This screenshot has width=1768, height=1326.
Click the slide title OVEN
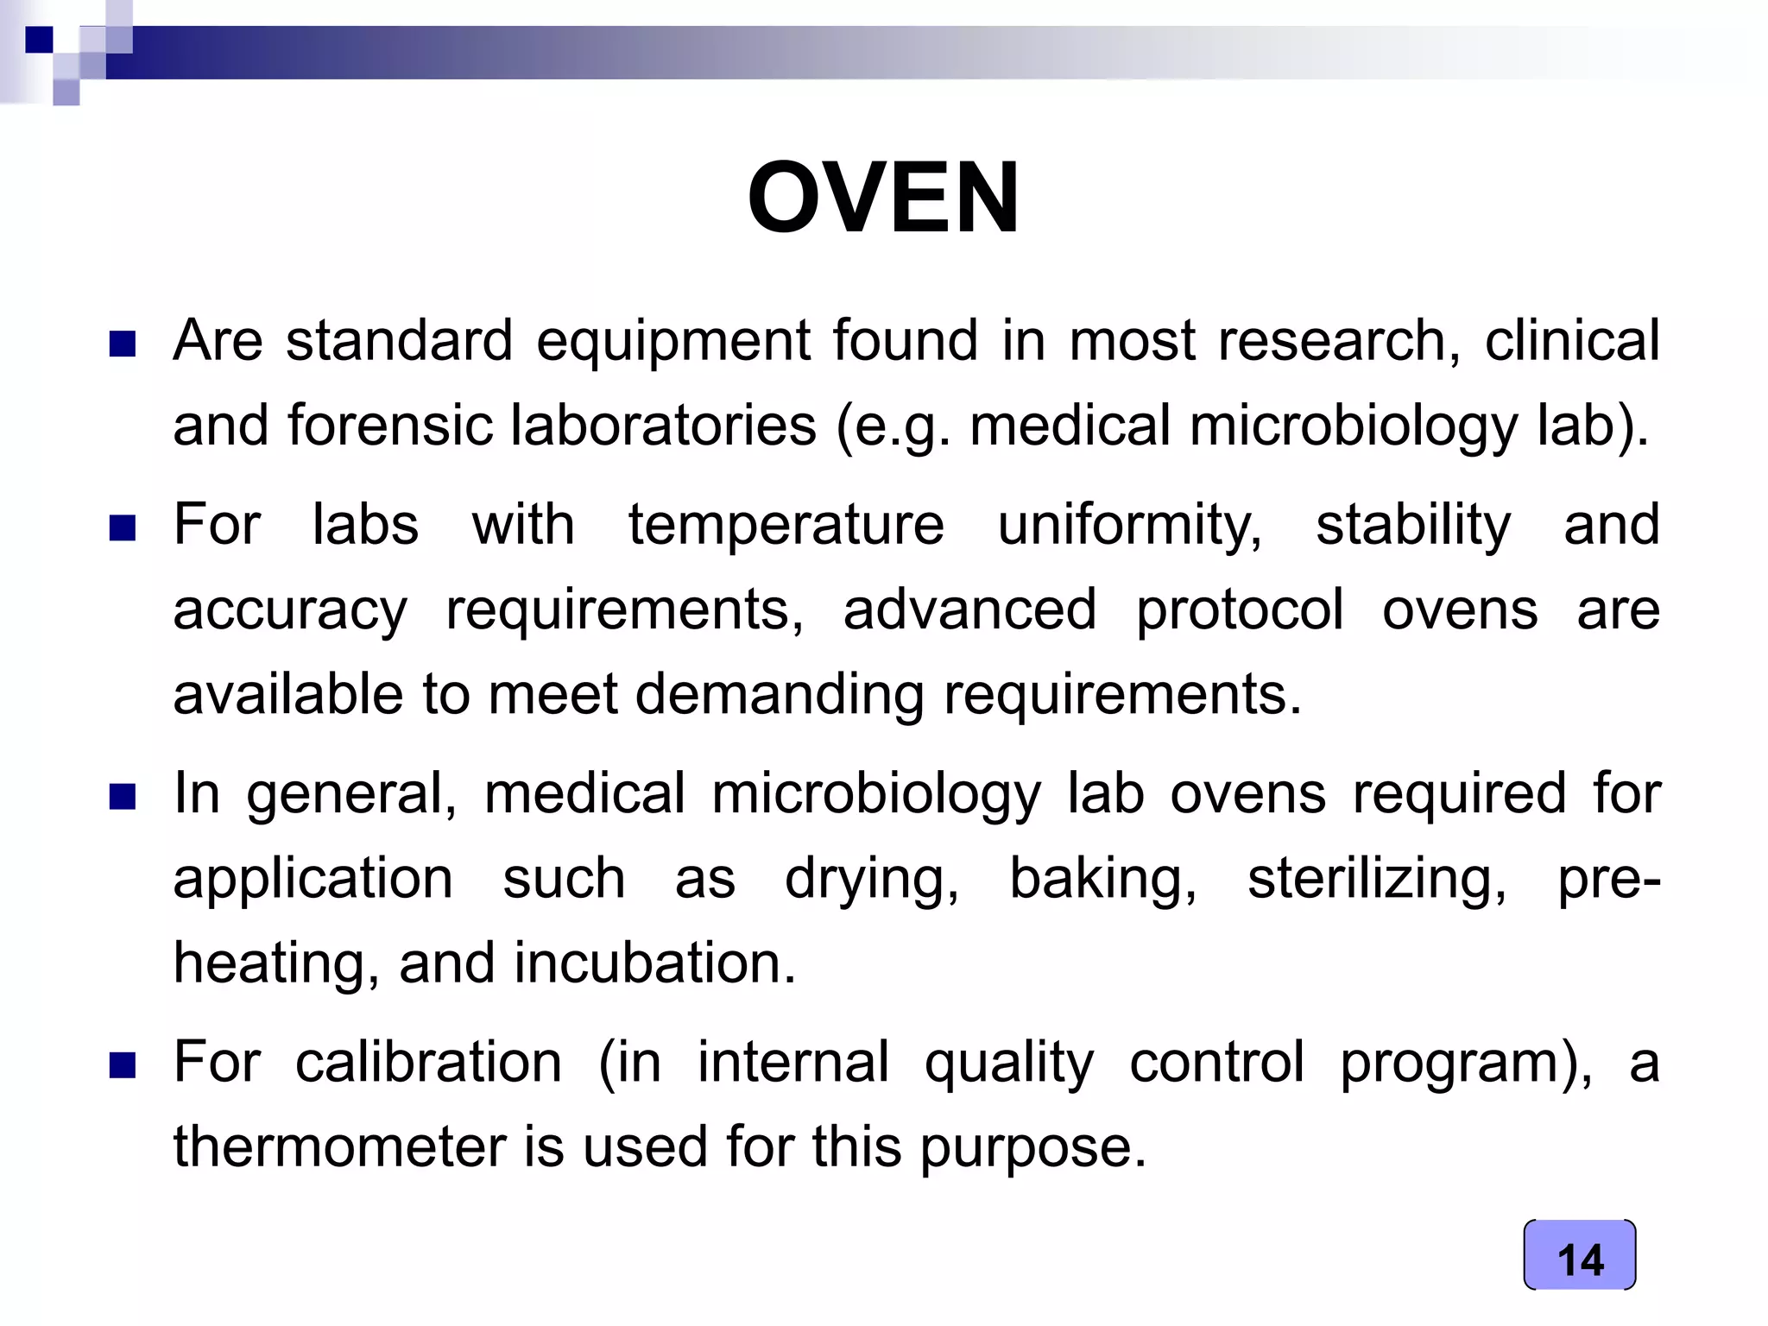(883, 198)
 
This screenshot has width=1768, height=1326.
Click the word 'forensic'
(397, 426)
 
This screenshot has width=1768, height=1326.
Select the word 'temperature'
(786, 525)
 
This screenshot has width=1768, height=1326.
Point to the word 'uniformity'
(1128, 525)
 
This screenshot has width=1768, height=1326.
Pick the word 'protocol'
(1239, 609)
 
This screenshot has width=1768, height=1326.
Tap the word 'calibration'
(428, 1062)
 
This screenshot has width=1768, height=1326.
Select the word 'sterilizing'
(1376, 879)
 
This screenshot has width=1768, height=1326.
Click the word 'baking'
(1102, 879)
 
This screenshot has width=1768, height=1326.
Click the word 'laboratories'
(663, 426)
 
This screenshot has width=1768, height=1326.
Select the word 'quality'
(1008, 1062)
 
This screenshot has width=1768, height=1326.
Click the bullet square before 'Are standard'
(123, 344)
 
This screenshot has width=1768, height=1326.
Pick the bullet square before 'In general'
(123, 797)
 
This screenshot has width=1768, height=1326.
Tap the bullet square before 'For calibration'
(123, 1066)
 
